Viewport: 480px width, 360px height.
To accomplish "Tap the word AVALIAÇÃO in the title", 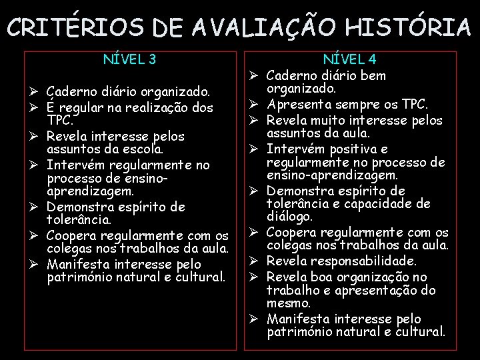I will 237,27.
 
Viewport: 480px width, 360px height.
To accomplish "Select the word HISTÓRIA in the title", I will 407,27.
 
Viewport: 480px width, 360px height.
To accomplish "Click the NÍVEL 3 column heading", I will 130,60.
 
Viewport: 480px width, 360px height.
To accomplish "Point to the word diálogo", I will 289,217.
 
